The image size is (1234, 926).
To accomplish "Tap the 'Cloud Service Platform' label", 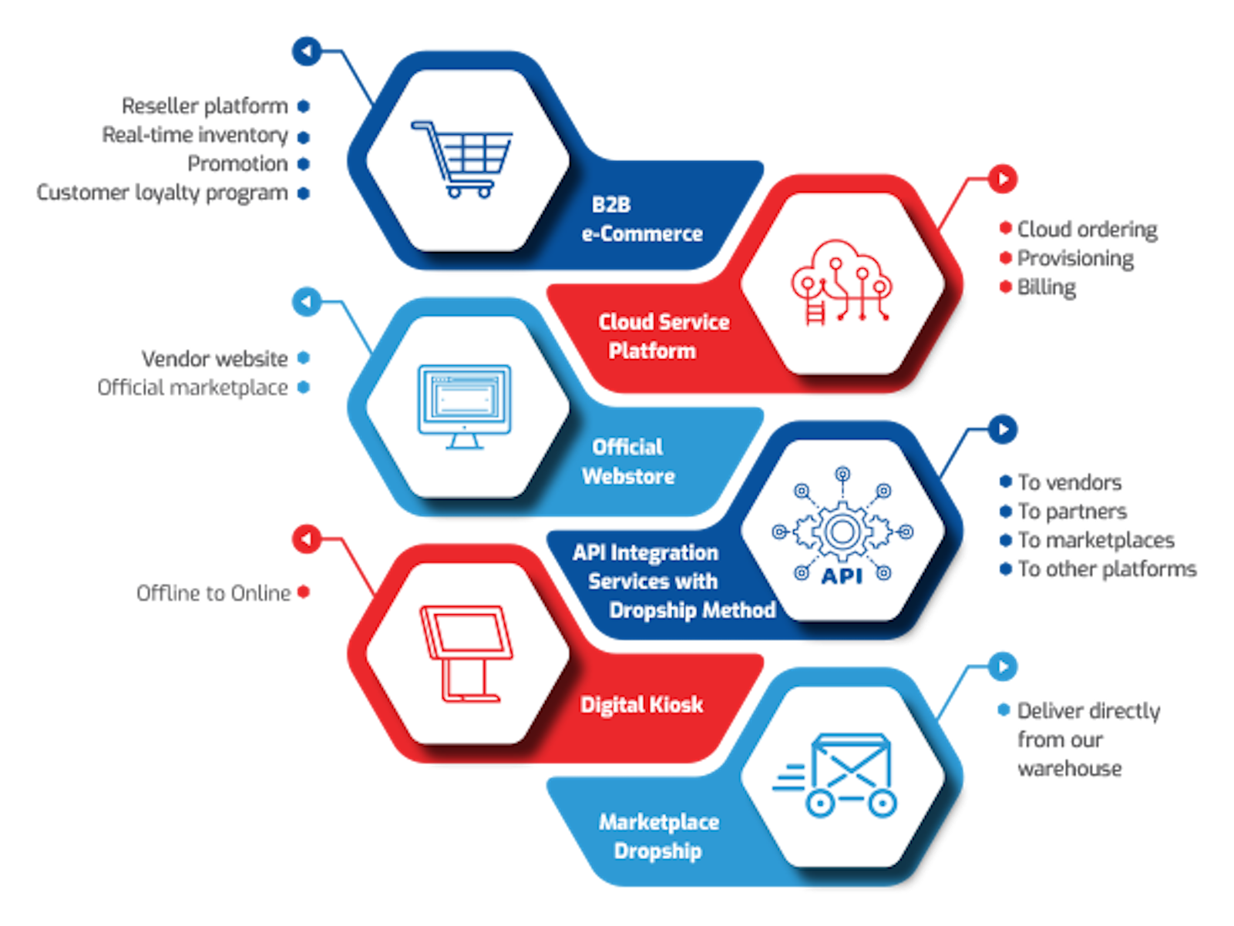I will tap(663, 336).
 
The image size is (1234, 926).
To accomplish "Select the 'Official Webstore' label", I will tap(628, 461).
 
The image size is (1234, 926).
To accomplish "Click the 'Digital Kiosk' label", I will tap(641, 704).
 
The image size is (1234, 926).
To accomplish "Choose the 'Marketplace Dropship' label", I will tap(658, 836).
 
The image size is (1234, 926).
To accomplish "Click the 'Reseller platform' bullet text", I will tap(205, 106).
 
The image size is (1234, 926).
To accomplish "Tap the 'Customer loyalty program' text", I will tap(162, 193).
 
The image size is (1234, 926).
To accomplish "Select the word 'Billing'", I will tap(1046, 287).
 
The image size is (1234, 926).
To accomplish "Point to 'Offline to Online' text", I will tap(214, 592).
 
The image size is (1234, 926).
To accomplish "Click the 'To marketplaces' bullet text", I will tap(1095, 540).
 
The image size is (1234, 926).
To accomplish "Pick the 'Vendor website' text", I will tap(214, 358).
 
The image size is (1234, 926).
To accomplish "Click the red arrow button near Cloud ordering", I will tap(1003, 179).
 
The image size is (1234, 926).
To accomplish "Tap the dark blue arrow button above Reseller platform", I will tap(307, 52).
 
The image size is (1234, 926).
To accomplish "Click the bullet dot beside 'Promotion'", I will tap(304, 164).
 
